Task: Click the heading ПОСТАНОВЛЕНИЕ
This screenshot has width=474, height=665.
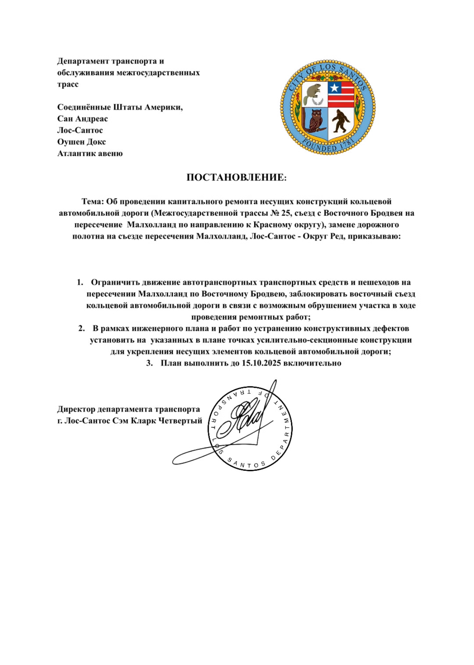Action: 236,177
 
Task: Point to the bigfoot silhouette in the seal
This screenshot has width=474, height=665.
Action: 341,121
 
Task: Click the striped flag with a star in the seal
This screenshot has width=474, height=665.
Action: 341,94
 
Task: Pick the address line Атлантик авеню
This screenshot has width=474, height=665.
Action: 90,153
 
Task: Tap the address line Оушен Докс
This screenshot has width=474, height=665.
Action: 81,142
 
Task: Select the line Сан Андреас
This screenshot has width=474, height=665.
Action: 82,119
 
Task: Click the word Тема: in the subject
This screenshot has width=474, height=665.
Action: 93,201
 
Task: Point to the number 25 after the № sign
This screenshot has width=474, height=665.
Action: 286,213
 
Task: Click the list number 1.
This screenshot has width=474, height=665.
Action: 80,283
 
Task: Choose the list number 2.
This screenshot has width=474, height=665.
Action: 81,329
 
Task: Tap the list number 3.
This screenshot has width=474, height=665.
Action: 149,363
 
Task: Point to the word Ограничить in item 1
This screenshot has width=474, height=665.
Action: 114,283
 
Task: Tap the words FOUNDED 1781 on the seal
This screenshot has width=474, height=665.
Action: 328,147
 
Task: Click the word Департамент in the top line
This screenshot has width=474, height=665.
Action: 83,61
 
